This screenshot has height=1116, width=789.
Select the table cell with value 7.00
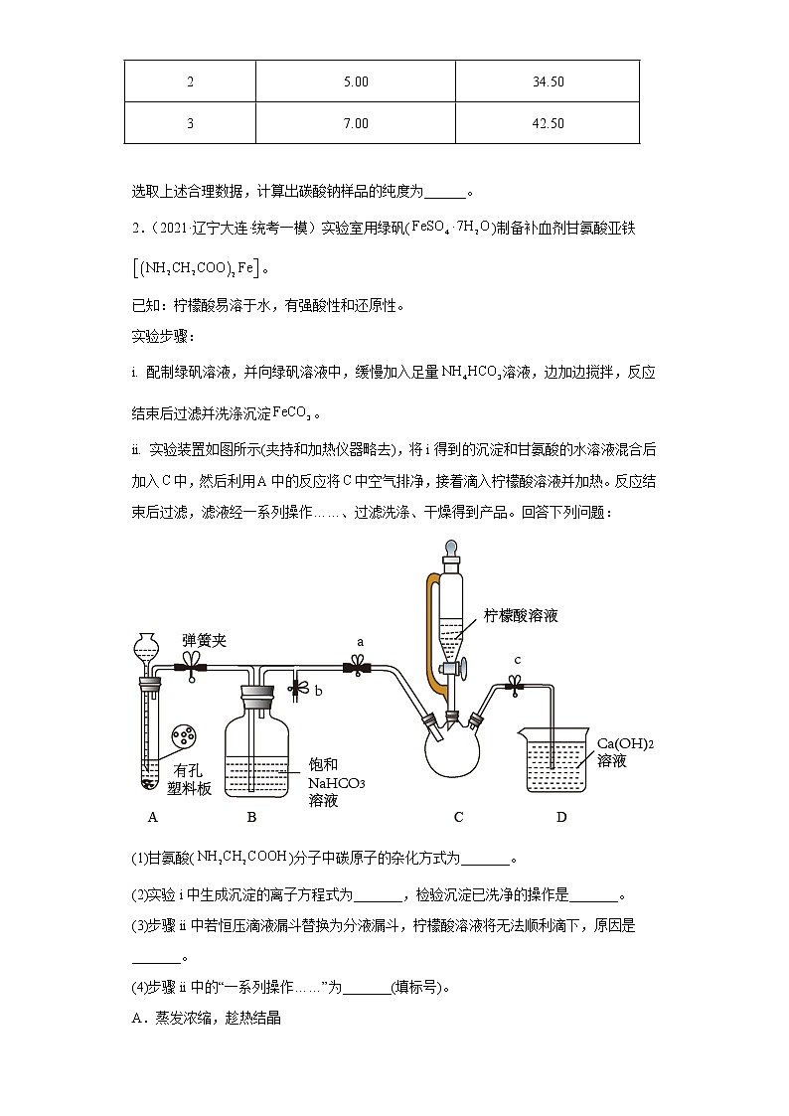355,123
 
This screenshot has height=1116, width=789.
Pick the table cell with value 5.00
355,81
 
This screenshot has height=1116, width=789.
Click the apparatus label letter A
152,817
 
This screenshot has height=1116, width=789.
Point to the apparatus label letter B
251,817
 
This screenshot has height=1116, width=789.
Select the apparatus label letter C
458,817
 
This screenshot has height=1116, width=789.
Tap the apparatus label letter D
561,817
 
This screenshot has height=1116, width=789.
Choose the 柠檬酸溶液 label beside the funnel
521,615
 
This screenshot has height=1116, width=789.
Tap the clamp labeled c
516,684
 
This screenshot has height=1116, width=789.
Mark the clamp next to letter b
295,686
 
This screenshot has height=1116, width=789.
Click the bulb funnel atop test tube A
147,647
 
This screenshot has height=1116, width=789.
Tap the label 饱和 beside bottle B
323,764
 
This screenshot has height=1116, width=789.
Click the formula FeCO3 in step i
297,413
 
